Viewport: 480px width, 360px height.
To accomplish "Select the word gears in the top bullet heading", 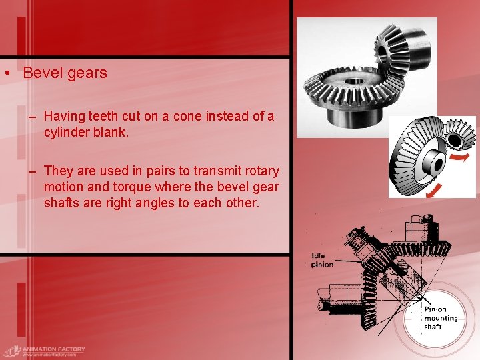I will [x=87, y=73].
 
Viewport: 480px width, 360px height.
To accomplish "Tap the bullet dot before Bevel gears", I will [x=5, y=73].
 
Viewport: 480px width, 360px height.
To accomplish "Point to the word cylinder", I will [x=68, y=131].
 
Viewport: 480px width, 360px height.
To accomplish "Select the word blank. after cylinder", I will [x=111, y=131].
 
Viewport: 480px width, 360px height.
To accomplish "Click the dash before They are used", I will [x=32, y=171].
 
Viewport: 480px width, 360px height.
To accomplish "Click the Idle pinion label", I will [x=322, y=260].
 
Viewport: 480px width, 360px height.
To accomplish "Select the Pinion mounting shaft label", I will [x=440, y=318].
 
